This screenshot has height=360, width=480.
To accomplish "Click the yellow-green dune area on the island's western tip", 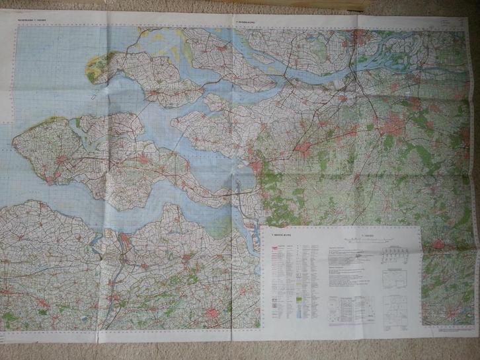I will point(97,65).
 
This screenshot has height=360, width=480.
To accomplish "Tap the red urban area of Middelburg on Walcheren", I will point(63,159).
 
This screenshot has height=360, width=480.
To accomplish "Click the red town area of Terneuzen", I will point(124,236).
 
